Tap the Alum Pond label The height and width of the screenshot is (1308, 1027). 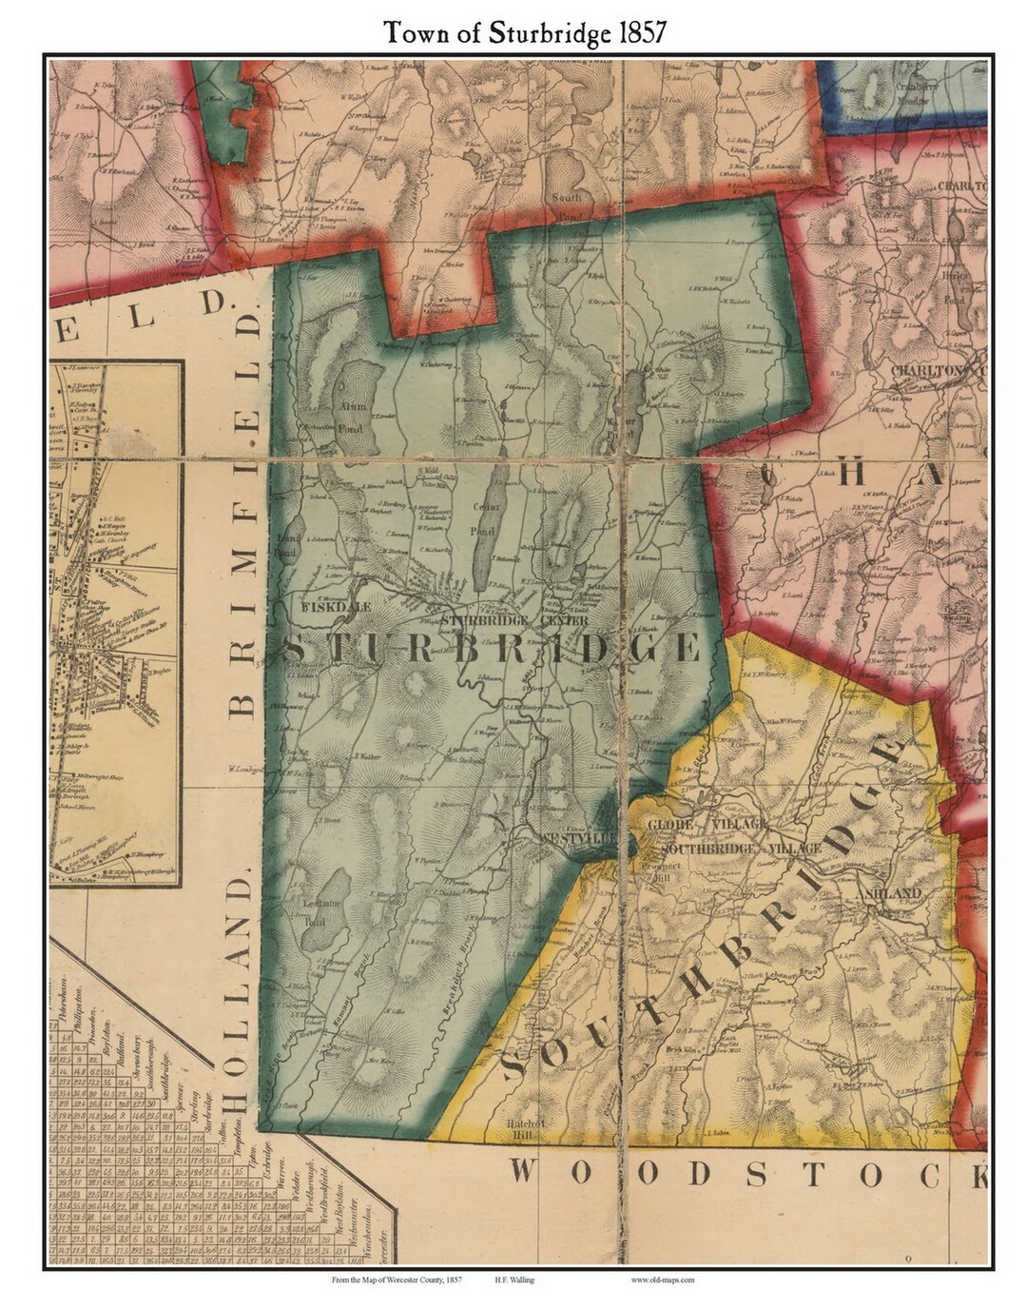pos(354,410)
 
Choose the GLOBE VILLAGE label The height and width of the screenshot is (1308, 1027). pos(707,823)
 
